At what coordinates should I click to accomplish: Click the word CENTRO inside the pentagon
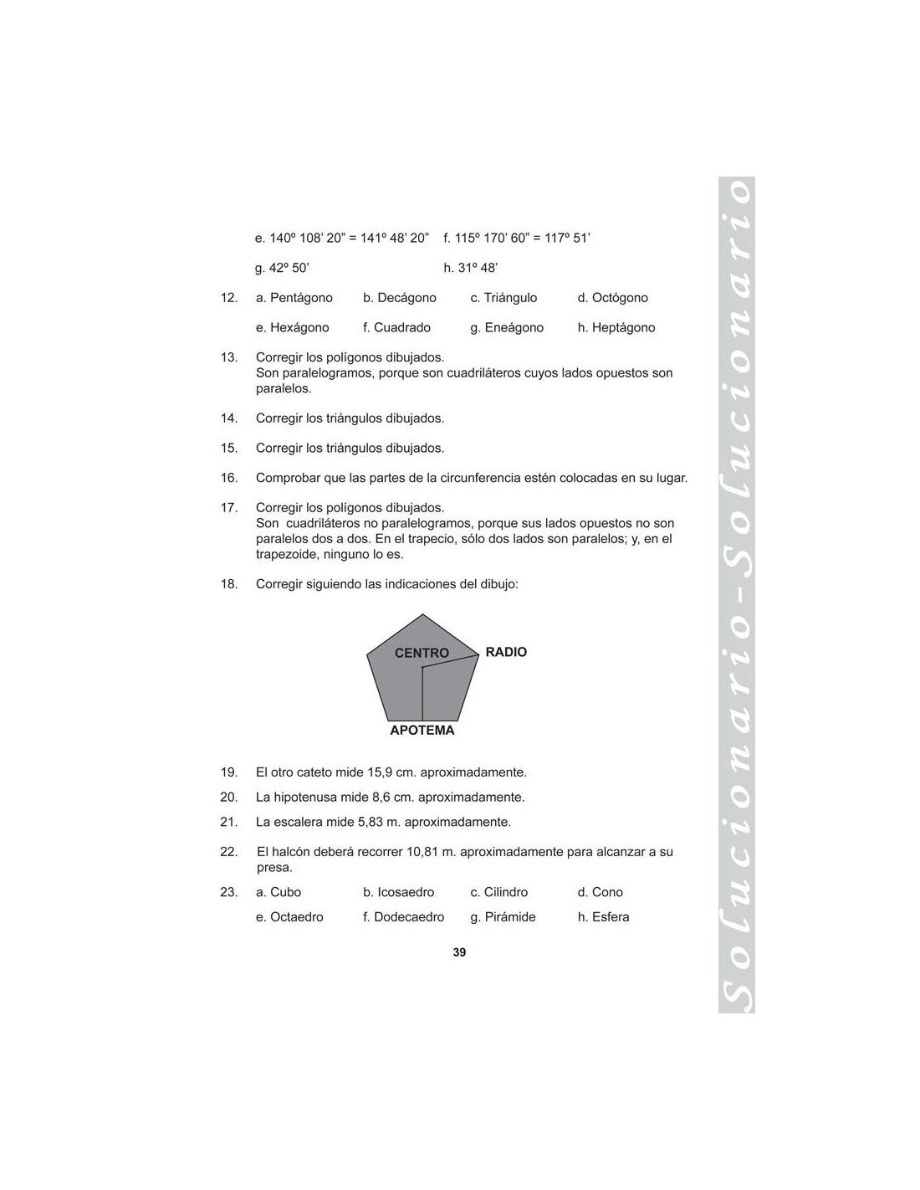[x=422, y=653]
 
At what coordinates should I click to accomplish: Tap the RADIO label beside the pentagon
[x=506, y=652]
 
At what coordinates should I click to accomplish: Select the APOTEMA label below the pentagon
[x=422, y=731]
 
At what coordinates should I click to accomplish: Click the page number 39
[x=459, y=952]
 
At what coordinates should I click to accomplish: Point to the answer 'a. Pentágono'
[x=294, y=298]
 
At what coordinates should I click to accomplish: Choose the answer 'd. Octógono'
[x=612, y=298]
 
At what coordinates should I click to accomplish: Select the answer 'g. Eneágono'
[x=507, y=328]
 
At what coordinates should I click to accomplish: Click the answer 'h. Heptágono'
[x=616, y=328]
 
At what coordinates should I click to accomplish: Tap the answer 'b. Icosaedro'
[x=399, y=892]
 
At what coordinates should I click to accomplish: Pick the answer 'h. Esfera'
[x=603, y=917]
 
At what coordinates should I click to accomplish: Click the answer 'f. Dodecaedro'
[x=404, y=917]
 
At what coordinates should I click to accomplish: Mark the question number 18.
[x=229, y=584]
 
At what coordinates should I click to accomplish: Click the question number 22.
[x=229, y=852]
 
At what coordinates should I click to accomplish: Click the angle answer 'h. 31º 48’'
[x=471, y=268]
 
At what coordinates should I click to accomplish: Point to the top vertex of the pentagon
[x=423, y=615]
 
